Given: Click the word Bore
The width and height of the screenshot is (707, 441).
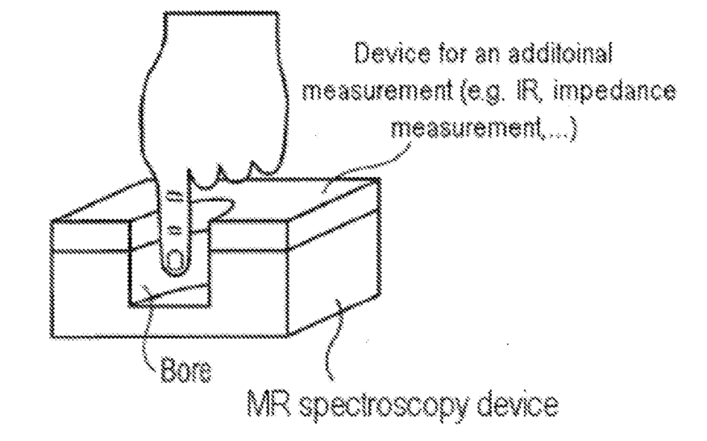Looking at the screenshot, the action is (185, 371).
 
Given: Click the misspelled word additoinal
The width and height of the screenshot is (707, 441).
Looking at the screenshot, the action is (559, 53).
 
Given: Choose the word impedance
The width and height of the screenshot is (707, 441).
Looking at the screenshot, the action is (613, 93).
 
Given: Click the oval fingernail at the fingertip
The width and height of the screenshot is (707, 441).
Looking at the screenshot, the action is (174, 261).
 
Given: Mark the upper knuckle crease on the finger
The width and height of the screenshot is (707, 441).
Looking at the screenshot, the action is (173, 196).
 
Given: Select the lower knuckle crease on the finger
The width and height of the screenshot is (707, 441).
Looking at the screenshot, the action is (174, 230).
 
